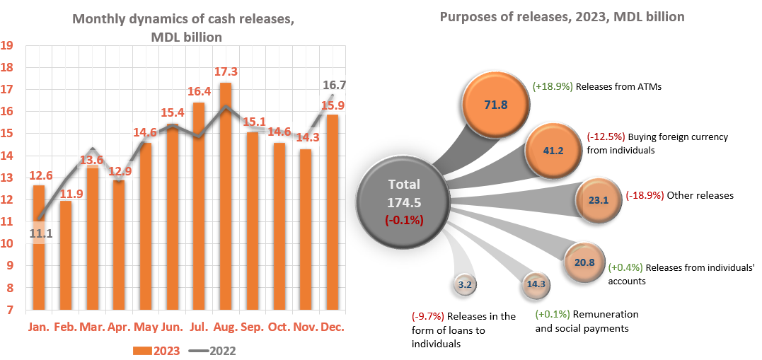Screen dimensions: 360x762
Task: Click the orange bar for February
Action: (x=66, y=255)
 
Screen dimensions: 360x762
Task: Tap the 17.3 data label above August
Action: (x=226, y=72)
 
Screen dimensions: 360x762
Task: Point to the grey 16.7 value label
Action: (x=333, y=86)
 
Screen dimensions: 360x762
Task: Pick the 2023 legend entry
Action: (x=157, y=350)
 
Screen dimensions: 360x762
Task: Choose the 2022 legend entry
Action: (x=214, y=350)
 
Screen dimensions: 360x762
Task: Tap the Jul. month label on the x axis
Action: (x=199, y=328)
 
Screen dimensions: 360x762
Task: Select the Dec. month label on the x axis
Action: (x=333, y=328)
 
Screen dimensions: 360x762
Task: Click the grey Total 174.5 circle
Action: (x=404, y=202)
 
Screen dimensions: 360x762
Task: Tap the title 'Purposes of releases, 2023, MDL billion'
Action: (x=562, y=16)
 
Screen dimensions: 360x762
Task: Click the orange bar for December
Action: (x=333, y=212)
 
